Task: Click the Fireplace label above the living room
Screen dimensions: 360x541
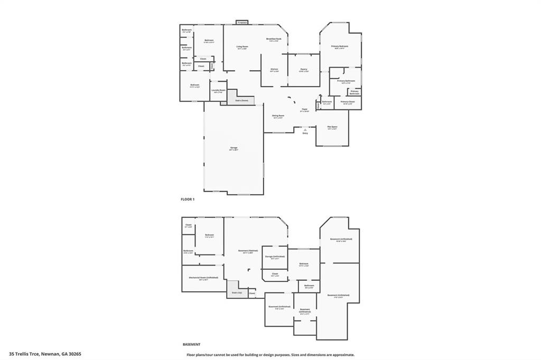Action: [242, 23]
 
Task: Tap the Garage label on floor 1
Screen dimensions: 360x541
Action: [234, 148]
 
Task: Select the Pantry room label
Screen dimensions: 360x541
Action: [303, 69]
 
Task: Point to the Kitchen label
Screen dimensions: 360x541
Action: [274, 69]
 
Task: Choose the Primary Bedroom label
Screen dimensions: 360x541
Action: [340, 46]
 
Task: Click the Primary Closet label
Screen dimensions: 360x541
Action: [348, 101]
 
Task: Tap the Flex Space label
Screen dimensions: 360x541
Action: [332, 127]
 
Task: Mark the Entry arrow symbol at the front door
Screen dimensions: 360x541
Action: [305, 129]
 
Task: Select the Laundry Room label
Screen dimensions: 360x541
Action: [219, 90]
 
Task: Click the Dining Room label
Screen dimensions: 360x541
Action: [278, 116]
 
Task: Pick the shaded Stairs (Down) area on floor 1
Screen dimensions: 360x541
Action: [241, 100]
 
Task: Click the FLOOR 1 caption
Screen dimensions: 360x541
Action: [188, 199]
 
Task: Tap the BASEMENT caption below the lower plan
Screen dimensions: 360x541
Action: [191, 344]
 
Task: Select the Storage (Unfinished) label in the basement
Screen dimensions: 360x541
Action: [275, 257]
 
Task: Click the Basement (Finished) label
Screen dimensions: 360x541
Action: [248, 251]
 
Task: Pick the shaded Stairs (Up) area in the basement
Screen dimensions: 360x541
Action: [237, 292]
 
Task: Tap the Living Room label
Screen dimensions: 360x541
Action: [242, 47]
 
